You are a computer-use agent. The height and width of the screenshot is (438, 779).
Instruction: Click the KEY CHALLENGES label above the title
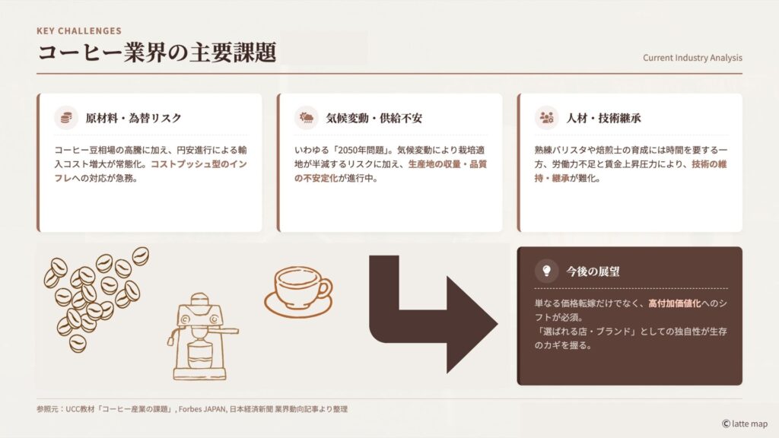coord(79,31)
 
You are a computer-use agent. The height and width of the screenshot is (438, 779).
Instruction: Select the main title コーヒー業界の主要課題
coord(157,52)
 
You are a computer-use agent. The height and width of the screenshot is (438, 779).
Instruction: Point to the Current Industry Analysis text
coord(692,58)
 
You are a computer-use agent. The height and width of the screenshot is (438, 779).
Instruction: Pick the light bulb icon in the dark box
coord(546,271)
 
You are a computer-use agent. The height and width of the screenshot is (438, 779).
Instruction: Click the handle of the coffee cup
coord(326,290)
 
